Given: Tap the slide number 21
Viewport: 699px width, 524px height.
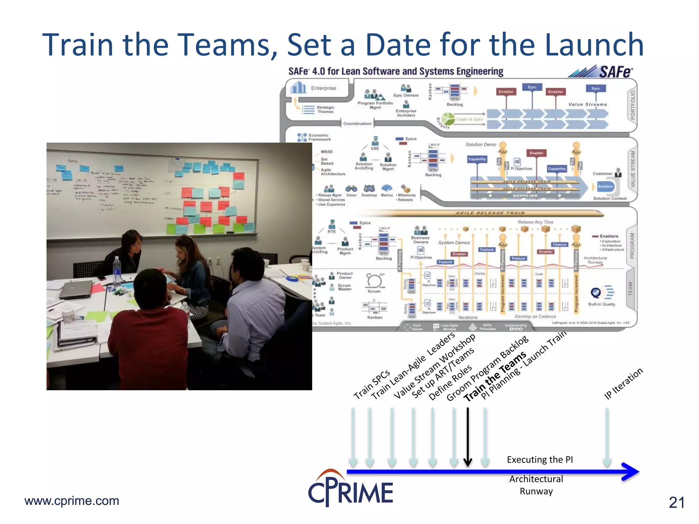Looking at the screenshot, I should point(676,503).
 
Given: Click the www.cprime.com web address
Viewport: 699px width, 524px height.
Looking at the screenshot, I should point(72,501).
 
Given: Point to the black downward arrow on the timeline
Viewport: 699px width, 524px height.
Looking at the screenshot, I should point(468,437).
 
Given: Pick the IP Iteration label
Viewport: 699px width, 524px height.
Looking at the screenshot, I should point(623,383).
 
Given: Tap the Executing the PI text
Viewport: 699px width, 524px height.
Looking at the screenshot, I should point(540,460).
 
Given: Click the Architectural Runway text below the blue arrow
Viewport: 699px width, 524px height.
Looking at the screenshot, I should point(536,485).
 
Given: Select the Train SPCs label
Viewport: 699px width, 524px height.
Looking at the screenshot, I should point(371,384).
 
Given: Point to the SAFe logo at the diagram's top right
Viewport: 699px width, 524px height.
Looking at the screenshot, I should point(601,72).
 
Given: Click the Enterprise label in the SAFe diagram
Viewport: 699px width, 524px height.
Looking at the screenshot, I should point(323,88).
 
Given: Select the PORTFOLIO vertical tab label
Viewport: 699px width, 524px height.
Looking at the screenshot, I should point(632,105).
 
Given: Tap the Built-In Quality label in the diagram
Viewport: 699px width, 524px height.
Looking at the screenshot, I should point(601,304).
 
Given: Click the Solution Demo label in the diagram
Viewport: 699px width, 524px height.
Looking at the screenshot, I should point(481,145).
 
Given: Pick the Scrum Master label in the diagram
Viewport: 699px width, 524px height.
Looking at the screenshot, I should point(344,287).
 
